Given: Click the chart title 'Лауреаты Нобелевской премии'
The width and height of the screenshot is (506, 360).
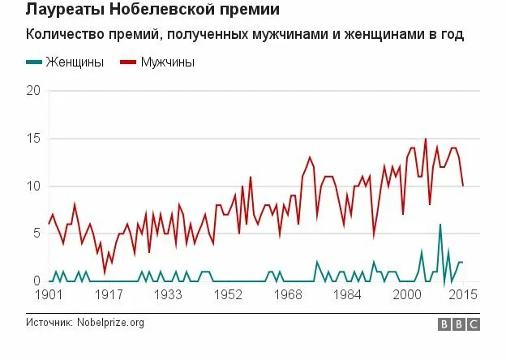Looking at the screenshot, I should pos(152,11).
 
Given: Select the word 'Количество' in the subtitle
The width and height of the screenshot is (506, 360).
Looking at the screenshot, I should pos(63,36).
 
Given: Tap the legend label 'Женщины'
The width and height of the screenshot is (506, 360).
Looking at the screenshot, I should pos(75,62).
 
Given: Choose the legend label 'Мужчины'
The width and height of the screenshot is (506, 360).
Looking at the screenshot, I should pos(168,62).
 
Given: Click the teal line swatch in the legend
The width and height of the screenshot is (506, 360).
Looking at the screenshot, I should pos(36,62).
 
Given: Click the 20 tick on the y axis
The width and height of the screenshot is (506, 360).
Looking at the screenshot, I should pos(33,90).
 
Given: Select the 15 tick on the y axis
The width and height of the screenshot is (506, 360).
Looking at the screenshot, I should pos(33,138).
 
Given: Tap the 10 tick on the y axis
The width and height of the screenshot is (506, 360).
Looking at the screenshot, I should pos(33,186).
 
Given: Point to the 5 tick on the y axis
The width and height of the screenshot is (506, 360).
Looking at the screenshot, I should pos(36,234).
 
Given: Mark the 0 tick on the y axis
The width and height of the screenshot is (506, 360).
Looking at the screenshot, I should pos(36,281).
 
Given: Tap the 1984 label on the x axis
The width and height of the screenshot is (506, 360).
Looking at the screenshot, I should pos(350,294).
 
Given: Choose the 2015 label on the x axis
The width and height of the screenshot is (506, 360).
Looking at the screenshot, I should pos(463,294).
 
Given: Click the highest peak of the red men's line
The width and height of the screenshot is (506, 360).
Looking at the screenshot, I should pos(425,139).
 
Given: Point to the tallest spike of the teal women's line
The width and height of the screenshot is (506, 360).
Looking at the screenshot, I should pos(440,225).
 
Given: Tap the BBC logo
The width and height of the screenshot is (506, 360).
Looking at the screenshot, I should pos(459,324).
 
